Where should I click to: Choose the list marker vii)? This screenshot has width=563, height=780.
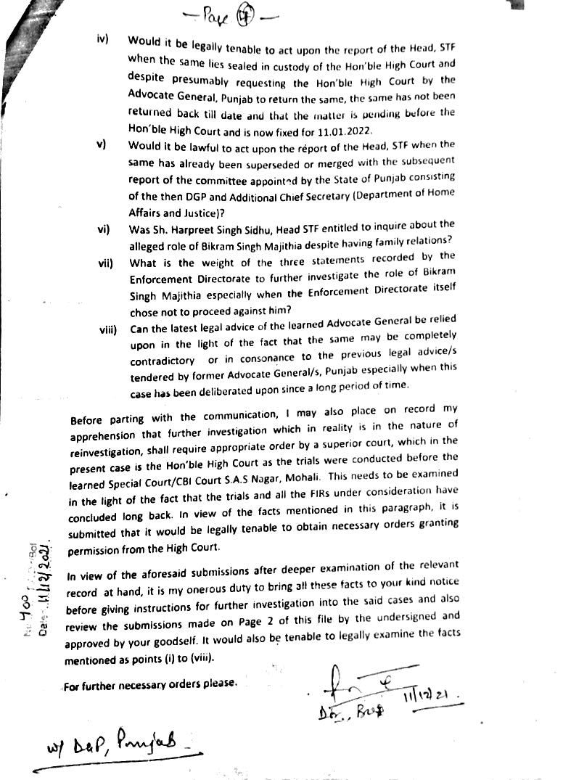(x=106, y=262)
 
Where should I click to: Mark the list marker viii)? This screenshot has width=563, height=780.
(x=108, y=330)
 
